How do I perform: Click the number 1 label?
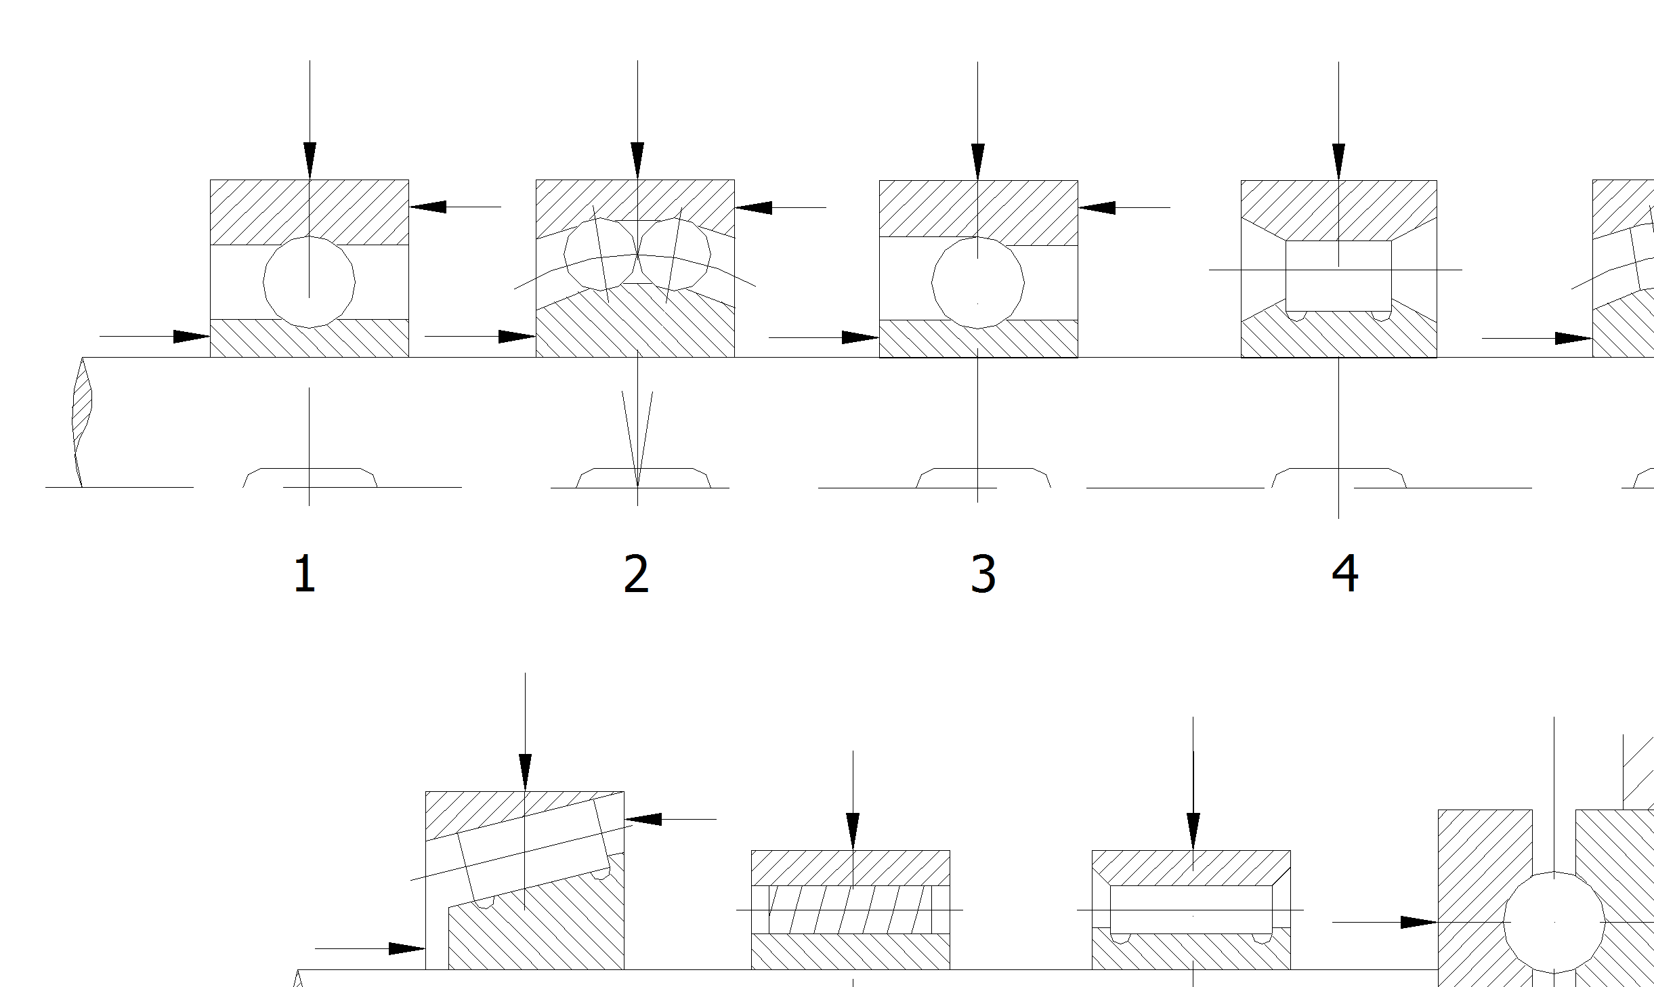pos(305,574)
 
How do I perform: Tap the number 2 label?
pos(636,574)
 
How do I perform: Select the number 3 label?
pos(983,574)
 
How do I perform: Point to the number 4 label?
pos(1345,573)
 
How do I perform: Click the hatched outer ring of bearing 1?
pos(257,210)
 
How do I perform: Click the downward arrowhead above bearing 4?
pos(1338,161)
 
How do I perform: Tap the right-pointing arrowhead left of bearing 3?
pos(860,337)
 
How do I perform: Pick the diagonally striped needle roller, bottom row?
pos(850,909)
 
